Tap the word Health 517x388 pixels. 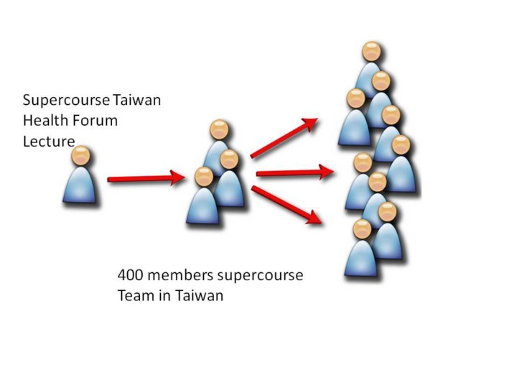pyautogui.click(x=44, y=121)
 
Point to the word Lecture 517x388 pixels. pyautogui.click(x=49, y=142)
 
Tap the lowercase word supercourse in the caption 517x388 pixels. pyautogui.click(x=263, y=276)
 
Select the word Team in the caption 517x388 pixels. pyautogui.click(x=134, y=296)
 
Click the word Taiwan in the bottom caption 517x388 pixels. pyautogui.click(x=199, y=296)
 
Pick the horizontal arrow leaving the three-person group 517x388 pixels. pyautogui.click(x=294, y=172)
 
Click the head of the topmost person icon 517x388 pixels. pyautogui.click(x=371, y=52)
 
